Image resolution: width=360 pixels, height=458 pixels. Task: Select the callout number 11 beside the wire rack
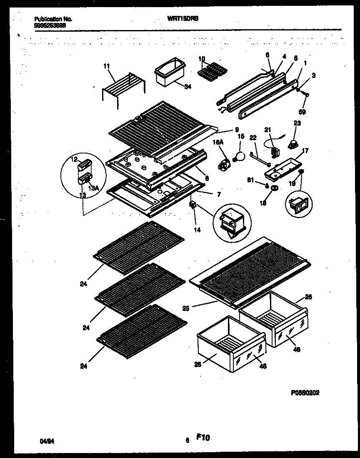tap(106, 66)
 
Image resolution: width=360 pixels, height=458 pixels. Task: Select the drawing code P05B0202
tap(305, 393)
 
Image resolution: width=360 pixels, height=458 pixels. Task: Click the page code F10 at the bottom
tap(203, 438)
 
